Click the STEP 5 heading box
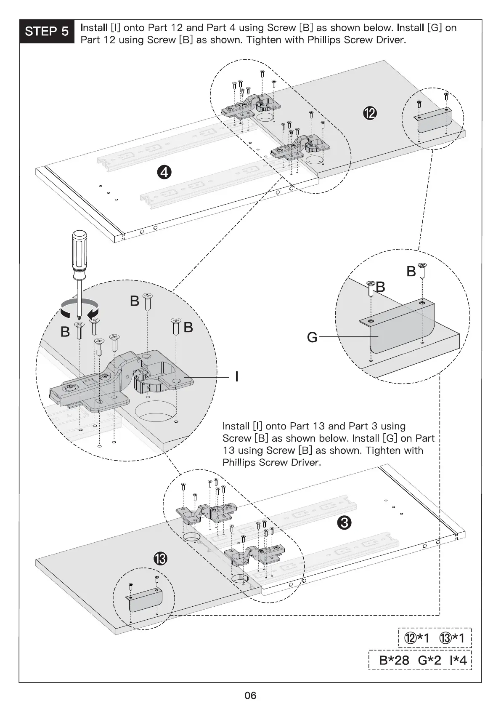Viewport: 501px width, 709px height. click(47, 31)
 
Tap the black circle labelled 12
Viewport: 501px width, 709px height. click(370, 113)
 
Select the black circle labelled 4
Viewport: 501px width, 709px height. click(164, 173)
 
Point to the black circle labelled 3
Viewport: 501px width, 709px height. click(345, 522)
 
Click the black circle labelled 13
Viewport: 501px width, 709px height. click(161, 559)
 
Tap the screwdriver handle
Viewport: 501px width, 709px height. click(79, 255)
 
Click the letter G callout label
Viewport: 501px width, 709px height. click(312, 337)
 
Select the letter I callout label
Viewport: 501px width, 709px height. click(236, 377)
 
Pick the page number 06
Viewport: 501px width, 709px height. click(250, 695)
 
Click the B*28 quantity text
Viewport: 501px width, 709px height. click(394, 660)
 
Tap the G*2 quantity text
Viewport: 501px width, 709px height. click(429, 660)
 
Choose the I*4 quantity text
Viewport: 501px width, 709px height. click(458, 660)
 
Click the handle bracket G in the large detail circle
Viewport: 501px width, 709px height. click(397, 326)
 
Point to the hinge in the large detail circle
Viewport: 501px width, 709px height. click(121, 381)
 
